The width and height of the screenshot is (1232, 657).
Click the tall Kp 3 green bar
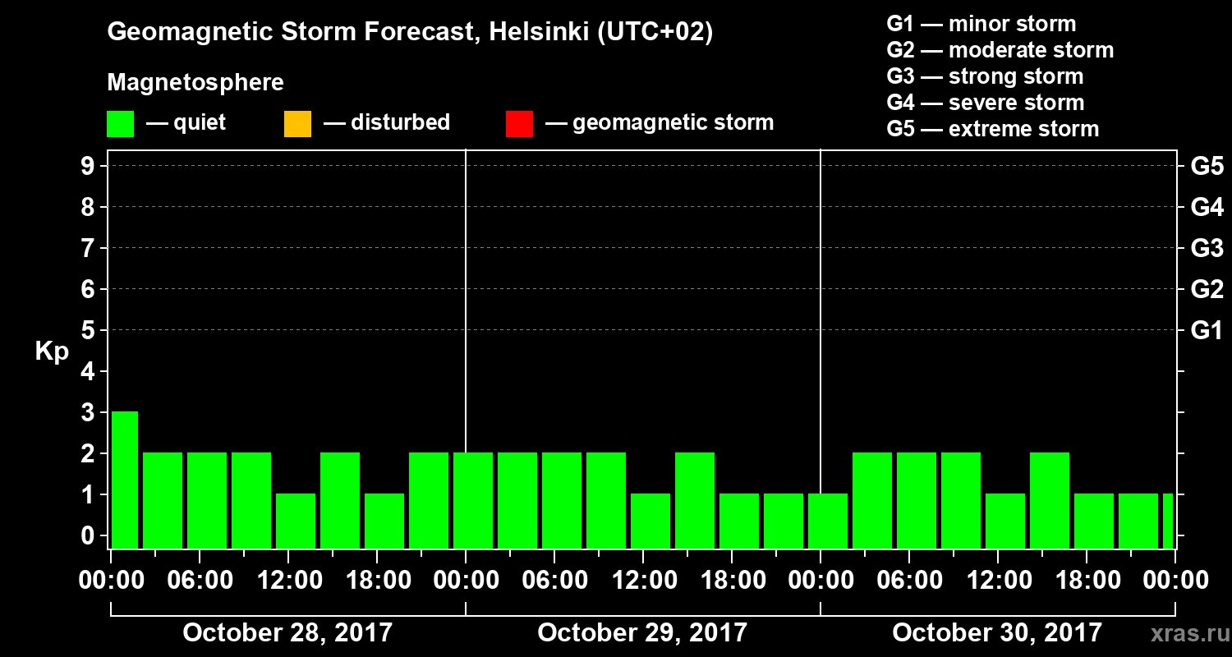click(x=125, y=479)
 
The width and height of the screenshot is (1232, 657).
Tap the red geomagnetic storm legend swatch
click(x=520, y=123)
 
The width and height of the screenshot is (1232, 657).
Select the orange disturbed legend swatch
click(x=297, y=123)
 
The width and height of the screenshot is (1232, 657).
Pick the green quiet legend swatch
click(x=121, y=123)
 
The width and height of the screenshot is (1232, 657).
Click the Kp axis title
click(x=52, y=351)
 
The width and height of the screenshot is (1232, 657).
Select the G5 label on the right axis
click(x=1207, y=166)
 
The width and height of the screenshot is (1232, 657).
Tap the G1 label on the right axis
click(x=1207, y=330)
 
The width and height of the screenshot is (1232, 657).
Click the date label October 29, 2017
click(x=642, y=632)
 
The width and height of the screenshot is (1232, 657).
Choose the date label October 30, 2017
click(x=997, y=632)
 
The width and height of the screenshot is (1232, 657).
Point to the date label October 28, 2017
click(x=287, y=632)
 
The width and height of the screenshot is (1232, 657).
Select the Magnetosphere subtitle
click(x=195, y=83)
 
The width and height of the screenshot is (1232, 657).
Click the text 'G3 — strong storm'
click(x=985, y=76)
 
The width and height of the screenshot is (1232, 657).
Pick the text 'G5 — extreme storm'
click(x=992, y=129)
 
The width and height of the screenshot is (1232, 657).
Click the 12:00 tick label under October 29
click(x=644, y=581)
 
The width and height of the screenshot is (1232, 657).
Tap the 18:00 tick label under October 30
click(x=1087, y=581)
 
